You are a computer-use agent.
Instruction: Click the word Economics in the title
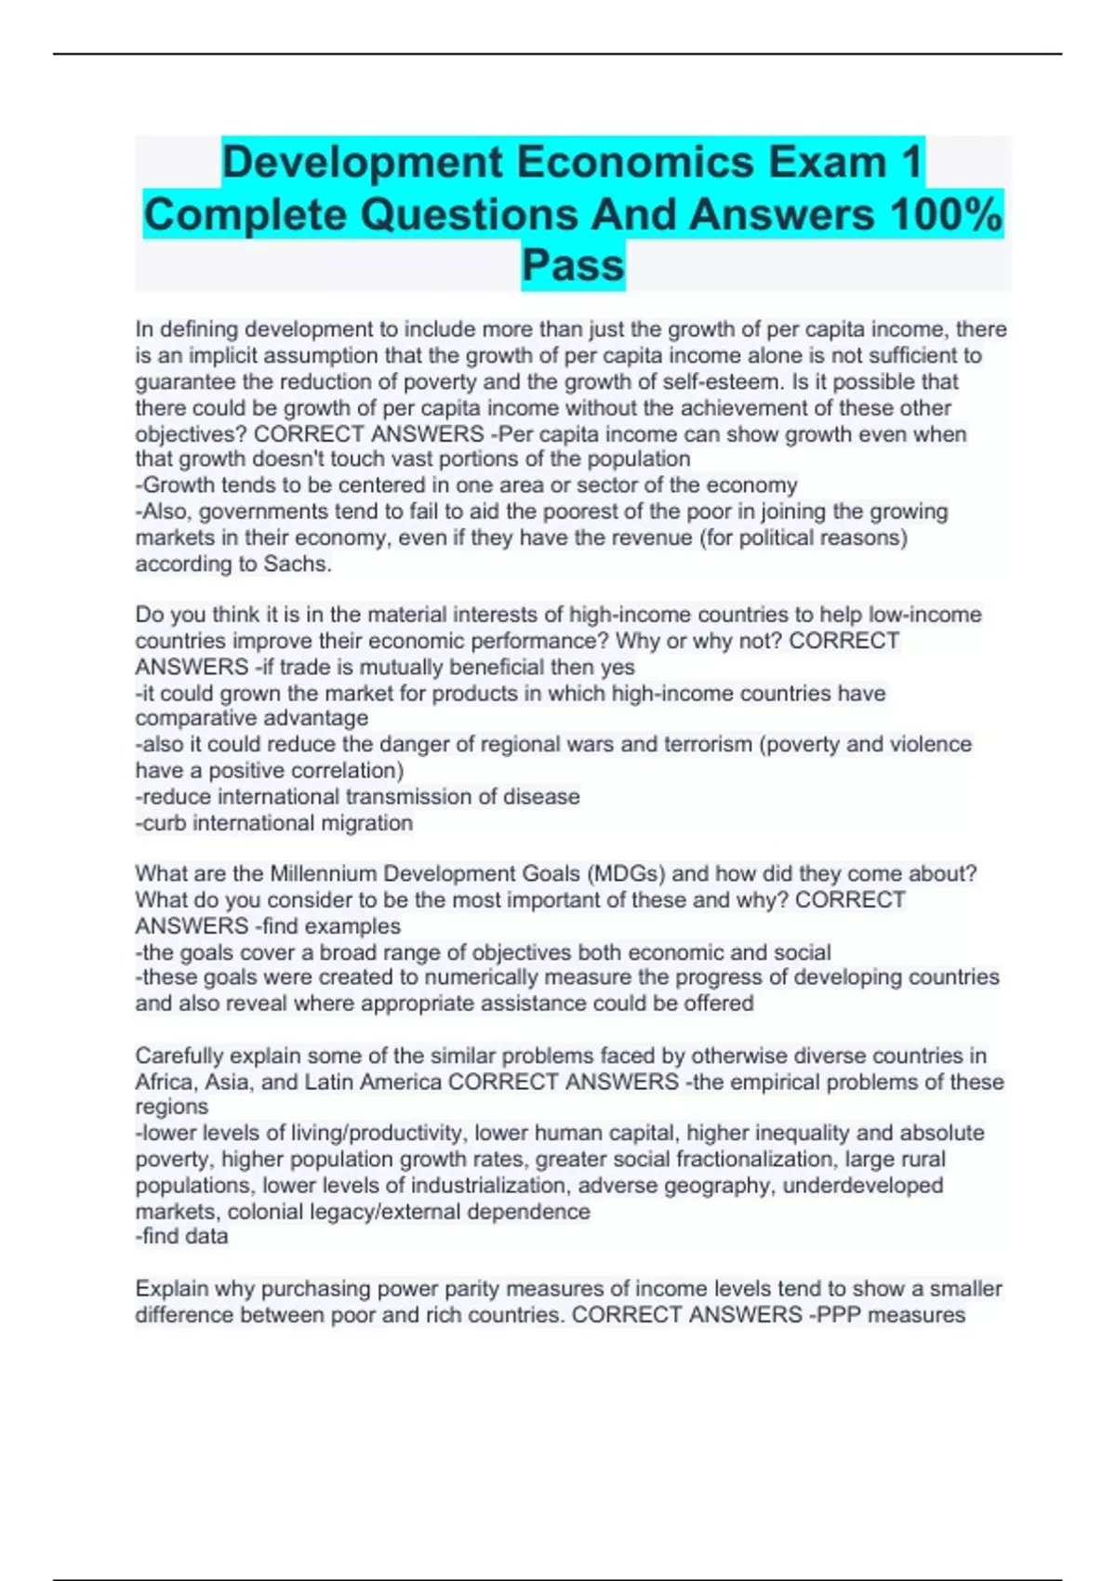635,162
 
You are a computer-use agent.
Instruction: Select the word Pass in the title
573,265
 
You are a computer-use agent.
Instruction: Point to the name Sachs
297,564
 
